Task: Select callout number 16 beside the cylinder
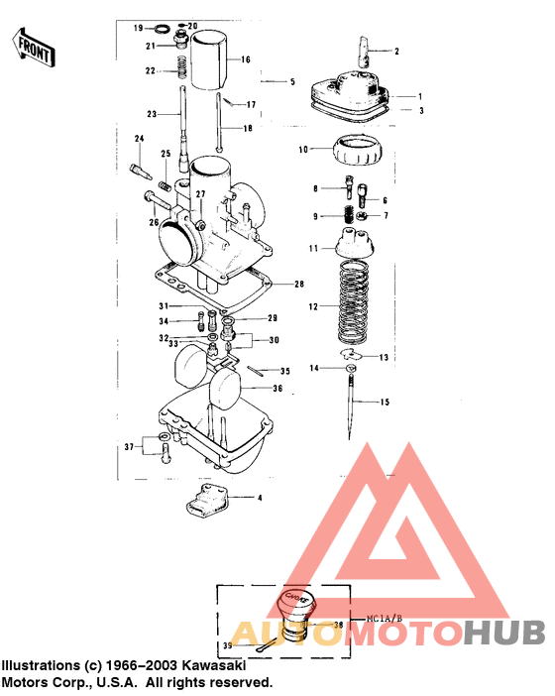[x=246, y=59]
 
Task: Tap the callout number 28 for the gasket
[x=299, y=285]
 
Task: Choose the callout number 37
[x=128, y=448]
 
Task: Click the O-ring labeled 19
[x=164, y=28]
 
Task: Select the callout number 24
[x=139, y=138]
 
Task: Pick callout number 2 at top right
[x=396, y=50]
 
